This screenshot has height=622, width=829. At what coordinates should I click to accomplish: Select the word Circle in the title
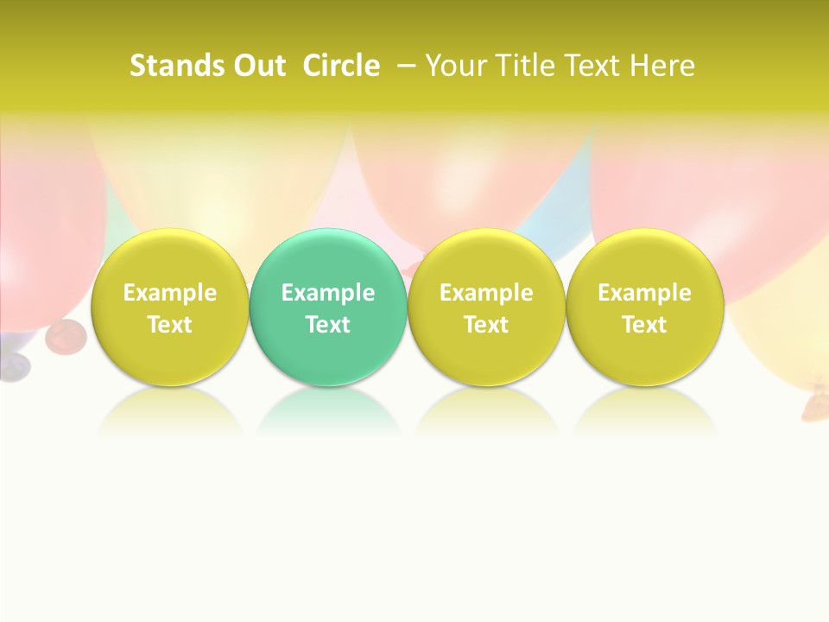tap(341, 66)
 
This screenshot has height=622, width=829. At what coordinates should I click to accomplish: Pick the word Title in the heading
tap(522, 66)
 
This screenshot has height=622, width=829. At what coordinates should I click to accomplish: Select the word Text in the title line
tap(592, 66)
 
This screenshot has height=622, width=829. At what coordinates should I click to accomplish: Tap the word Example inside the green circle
tap(328, 293)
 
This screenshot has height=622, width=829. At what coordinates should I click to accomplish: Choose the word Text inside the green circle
tap(328, 325)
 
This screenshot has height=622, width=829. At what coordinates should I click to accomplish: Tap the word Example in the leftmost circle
tap(169, 293)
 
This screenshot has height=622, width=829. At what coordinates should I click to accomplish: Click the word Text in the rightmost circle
tap(644, 325)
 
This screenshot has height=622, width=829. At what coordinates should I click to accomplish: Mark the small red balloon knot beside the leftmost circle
tap(66, 334)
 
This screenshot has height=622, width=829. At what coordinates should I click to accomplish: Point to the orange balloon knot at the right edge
tap(814, 401)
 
